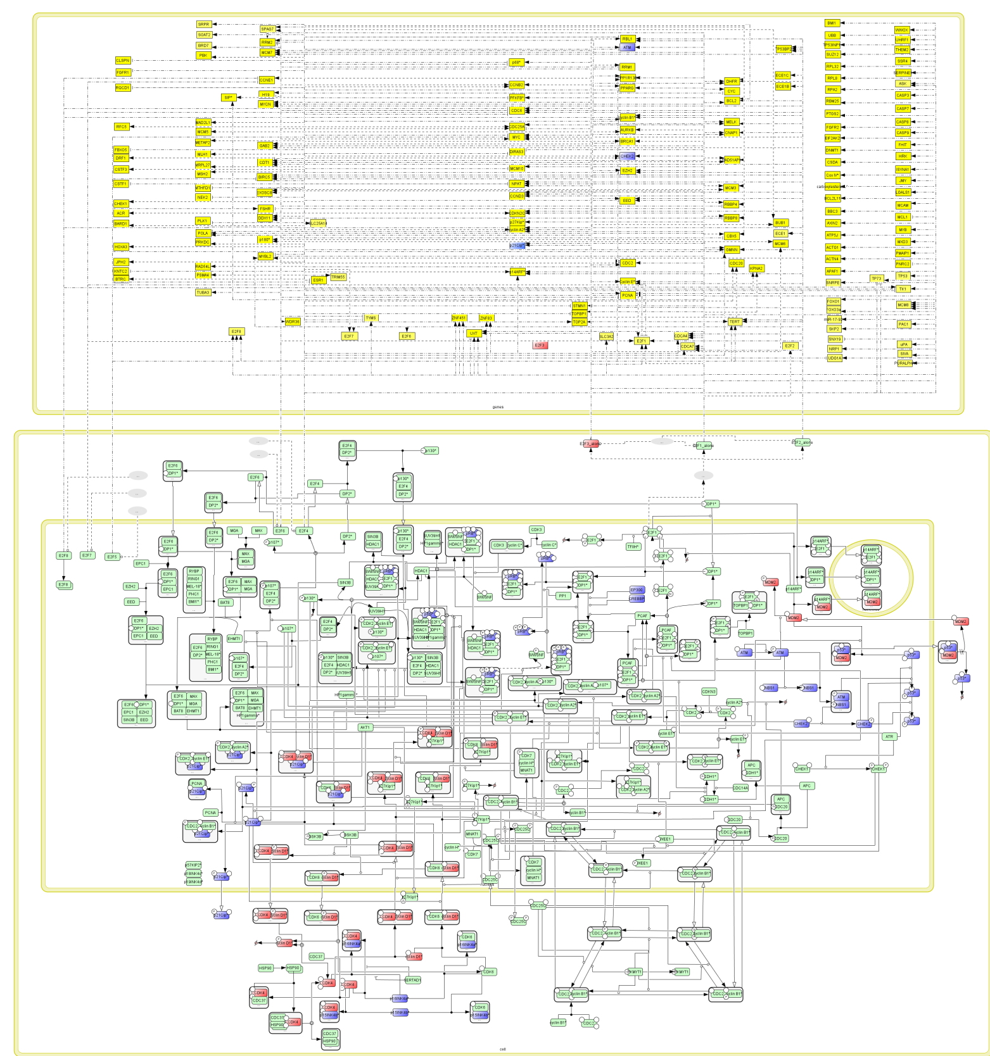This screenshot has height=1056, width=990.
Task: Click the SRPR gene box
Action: (x=203, y=25)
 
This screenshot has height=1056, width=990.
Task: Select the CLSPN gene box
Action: (x=123, y=61)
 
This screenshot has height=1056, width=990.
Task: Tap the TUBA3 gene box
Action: (x=203, y=292)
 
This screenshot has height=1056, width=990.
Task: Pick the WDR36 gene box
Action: (x=293, y=322)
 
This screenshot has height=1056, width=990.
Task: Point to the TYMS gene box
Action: (x=371, y=318)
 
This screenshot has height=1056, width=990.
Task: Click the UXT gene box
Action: (x=474, y=333)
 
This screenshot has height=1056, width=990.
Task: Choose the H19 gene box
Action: (x=266, y=94)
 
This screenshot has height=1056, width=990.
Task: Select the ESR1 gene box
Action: (x=319, y=280)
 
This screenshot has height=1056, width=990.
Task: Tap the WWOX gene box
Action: (x=902, y=30)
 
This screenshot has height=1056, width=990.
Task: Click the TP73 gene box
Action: (x=877, y=279)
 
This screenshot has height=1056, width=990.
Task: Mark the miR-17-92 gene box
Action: (x=834, y=320)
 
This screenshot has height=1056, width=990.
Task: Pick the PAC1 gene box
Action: (x=903, y=324)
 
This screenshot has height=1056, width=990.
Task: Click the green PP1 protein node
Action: (x=562, y=596)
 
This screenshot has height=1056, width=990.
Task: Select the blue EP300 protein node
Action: (x=637, y=590)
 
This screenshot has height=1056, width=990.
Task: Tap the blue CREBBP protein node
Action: (x=637, y=598)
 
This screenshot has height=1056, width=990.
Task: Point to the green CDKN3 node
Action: (x=709, y=692)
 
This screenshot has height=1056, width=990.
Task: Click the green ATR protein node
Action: (x=889, y=736)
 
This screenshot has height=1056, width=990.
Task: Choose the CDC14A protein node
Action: (x=740, y=788)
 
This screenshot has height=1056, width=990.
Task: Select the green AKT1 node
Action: (x=365, y=727)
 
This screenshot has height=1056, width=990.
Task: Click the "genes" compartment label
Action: (x=498, y=407)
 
